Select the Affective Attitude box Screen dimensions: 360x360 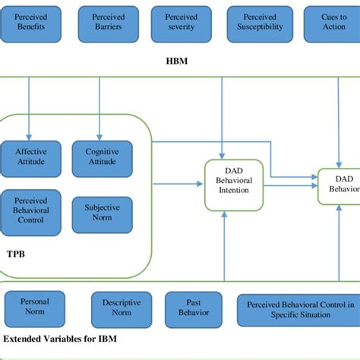point(31,156)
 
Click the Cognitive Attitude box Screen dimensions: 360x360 point(102,156)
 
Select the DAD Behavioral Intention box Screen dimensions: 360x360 point(228,185)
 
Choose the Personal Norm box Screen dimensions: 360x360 point(34,307)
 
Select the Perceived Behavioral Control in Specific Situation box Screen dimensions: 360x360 point(296,308)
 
